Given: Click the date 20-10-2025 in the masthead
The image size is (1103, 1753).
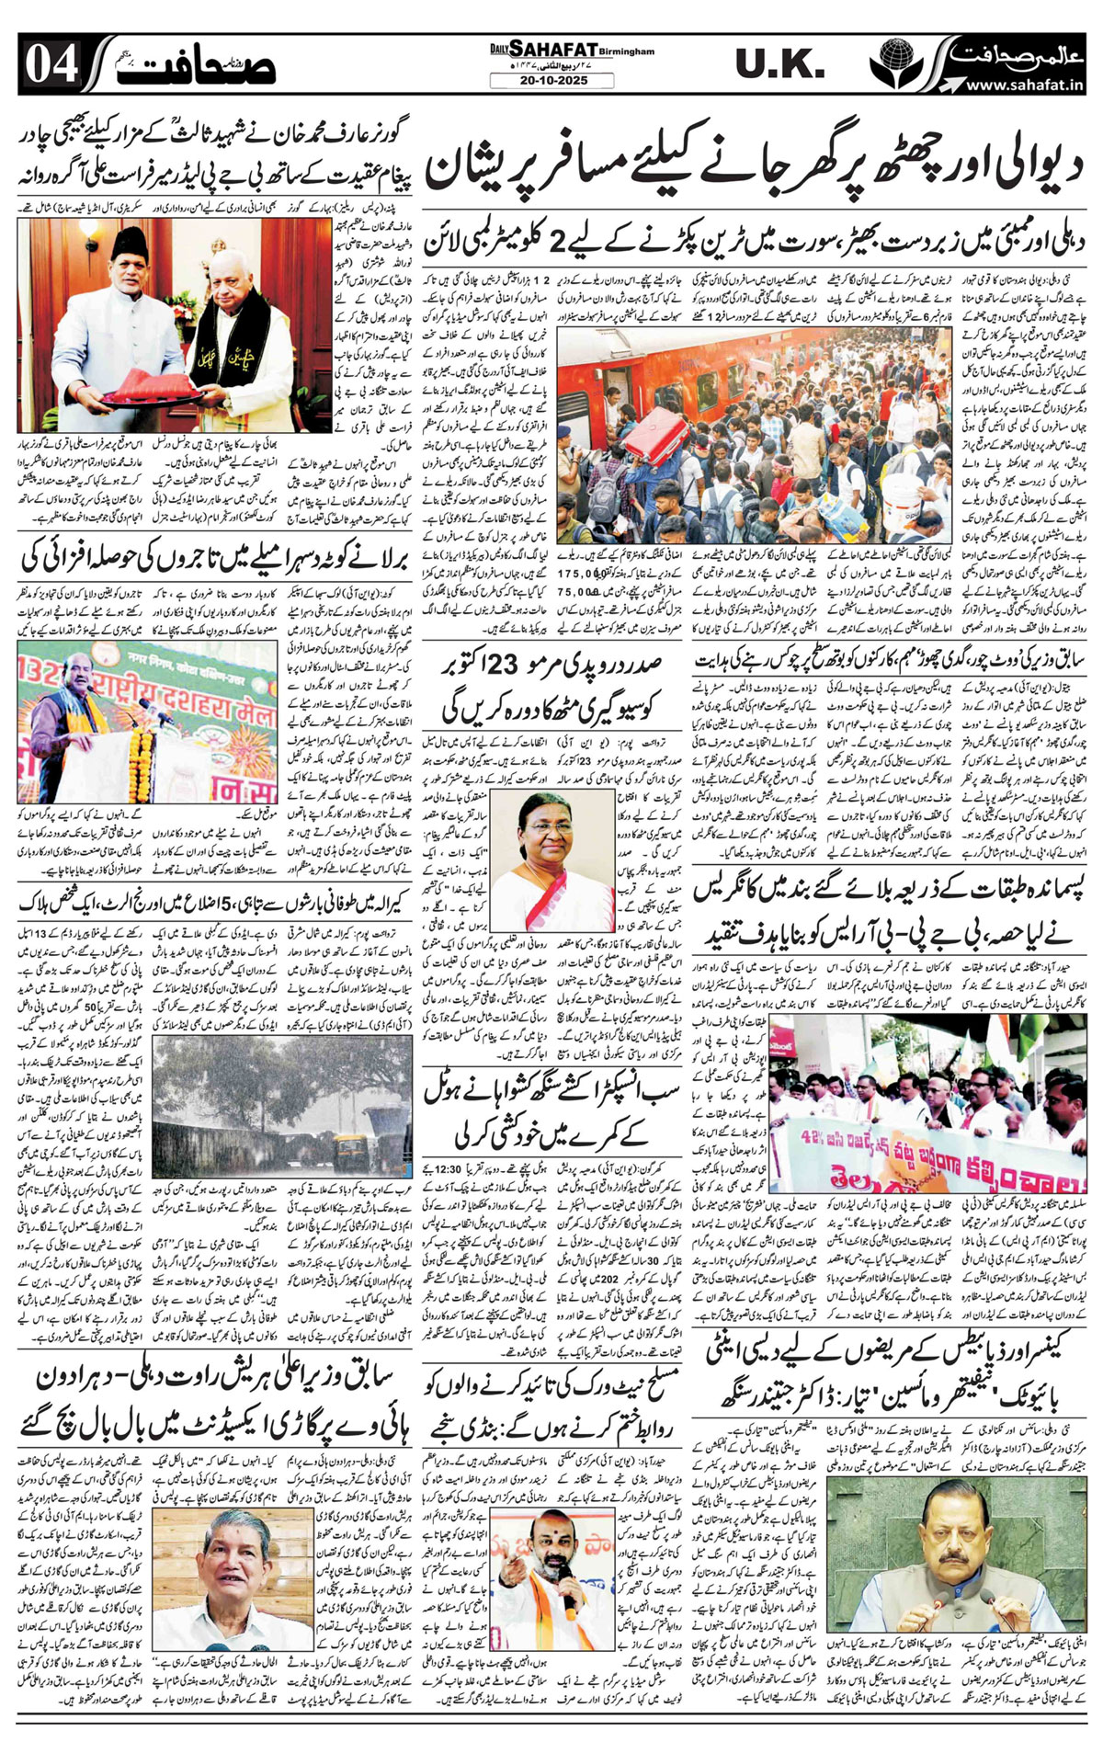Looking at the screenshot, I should [551, 81].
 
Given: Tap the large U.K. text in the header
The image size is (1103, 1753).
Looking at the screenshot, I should [779, 64].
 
